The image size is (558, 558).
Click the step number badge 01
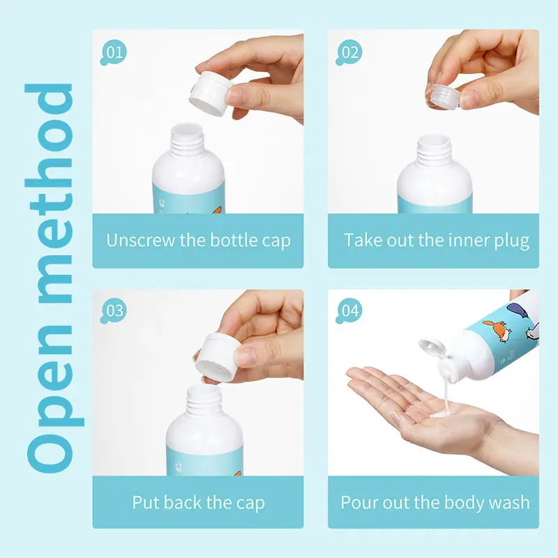pos(114,52)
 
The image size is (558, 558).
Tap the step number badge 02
pos(349,52)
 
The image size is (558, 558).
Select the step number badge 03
pos(114,310)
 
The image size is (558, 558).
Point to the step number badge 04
pos(349,310)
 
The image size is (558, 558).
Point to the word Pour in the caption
pos(357,502)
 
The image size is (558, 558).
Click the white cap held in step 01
pos(211,93)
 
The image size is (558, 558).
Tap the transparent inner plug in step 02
pos(443,96)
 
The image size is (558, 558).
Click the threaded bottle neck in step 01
pos(187,140)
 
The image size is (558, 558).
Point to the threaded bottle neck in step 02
pos(434,150)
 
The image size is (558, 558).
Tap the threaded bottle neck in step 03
pos(204,400)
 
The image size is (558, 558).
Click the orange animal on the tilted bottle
pos(497,330)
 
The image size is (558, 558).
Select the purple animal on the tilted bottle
pos(518,310)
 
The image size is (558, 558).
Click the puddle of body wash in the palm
pos(442,413)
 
